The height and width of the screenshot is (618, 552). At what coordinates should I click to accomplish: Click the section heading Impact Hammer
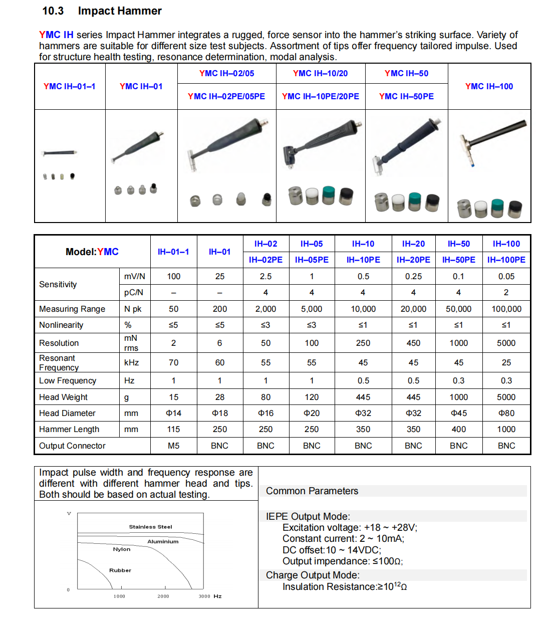(x=120, y=11)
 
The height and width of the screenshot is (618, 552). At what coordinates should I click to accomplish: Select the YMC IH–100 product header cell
(x=489, y=86)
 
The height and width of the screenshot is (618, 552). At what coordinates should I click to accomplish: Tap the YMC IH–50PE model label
(x=406, y=96)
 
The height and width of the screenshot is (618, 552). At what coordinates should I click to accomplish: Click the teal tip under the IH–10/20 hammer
(x=329, y=195)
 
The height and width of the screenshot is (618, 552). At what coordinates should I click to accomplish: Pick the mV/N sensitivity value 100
(x=173, y=276)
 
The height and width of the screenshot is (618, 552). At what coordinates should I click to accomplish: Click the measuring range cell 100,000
(x=506, y=309)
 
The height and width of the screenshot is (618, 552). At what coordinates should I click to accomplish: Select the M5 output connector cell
(x=173, y=446)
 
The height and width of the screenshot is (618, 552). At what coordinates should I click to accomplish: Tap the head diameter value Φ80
(x=506, y=413)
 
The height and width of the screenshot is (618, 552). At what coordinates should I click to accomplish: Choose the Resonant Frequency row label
(x=59, y=362)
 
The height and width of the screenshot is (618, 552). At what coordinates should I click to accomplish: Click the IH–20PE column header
(x=413, y=260)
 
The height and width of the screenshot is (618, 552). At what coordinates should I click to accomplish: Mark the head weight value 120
(x=312, y=397)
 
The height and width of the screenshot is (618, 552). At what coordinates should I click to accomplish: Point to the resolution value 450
(x=413, y=343)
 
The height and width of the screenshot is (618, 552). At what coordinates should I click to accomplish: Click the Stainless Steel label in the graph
(x=150, y=527)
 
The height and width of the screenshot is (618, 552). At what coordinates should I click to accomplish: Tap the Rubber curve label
(x=120, y=570)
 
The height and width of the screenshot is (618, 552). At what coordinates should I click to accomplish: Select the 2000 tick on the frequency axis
(x=163, y=596)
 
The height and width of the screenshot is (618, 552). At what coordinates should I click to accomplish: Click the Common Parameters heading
(x=312, y=491)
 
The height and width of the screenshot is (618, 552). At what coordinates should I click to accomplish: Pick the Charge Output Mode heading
(x=313, y=575)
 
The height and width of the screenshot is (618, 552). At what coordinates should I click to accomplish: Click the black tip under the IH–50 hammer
(x=432, y=201)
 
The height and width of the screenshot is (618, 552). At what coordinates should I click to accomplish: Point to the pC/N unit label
(x=134, y=292)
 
